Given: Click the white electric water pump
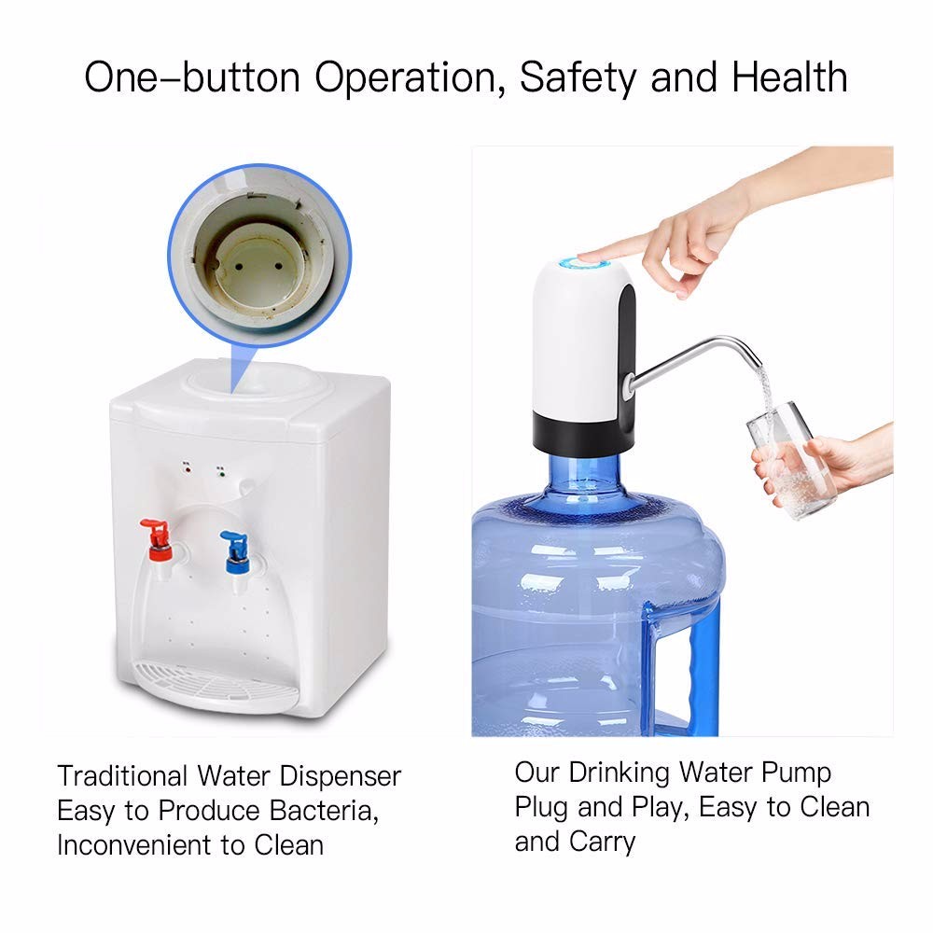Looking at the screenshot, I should point(582,345).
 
